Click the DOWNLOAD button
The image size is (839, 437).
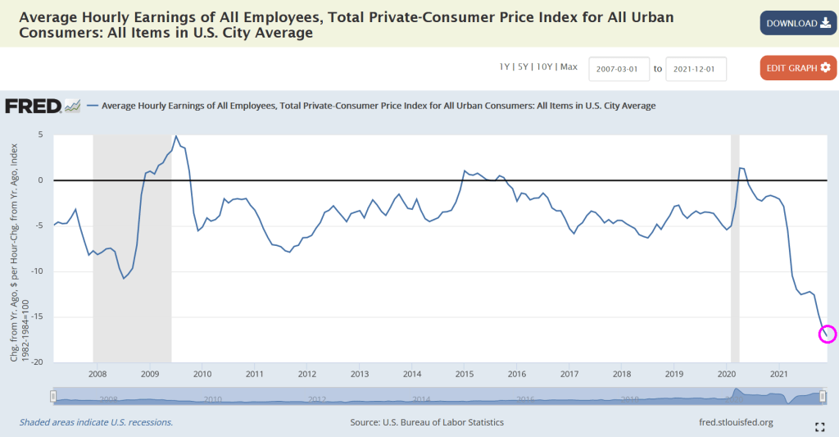798,23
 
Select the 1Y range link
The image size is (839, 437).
505,67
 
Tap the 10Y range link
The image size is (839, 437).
545,67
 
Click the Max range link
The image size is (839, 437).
569,67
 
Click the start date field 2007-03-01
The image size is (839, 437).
619,69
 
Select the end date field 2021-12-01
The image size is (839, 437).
696,69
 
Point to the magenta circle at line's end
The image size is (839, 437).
828,333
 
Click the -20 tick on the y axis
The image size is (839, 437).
36,362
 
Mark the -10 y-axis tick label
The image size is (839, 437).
36,271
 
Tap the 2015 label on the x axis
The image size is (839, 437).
465,374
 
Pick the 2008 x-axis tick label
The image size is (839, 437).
97,374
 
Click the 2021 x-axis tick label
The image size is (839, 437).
779,374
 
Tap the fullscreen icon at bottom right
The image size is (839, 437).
819,426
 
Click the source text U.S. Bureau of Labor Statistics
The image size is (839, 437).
426,422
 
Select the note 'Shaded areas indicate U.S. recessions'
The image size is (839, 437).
96,422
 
